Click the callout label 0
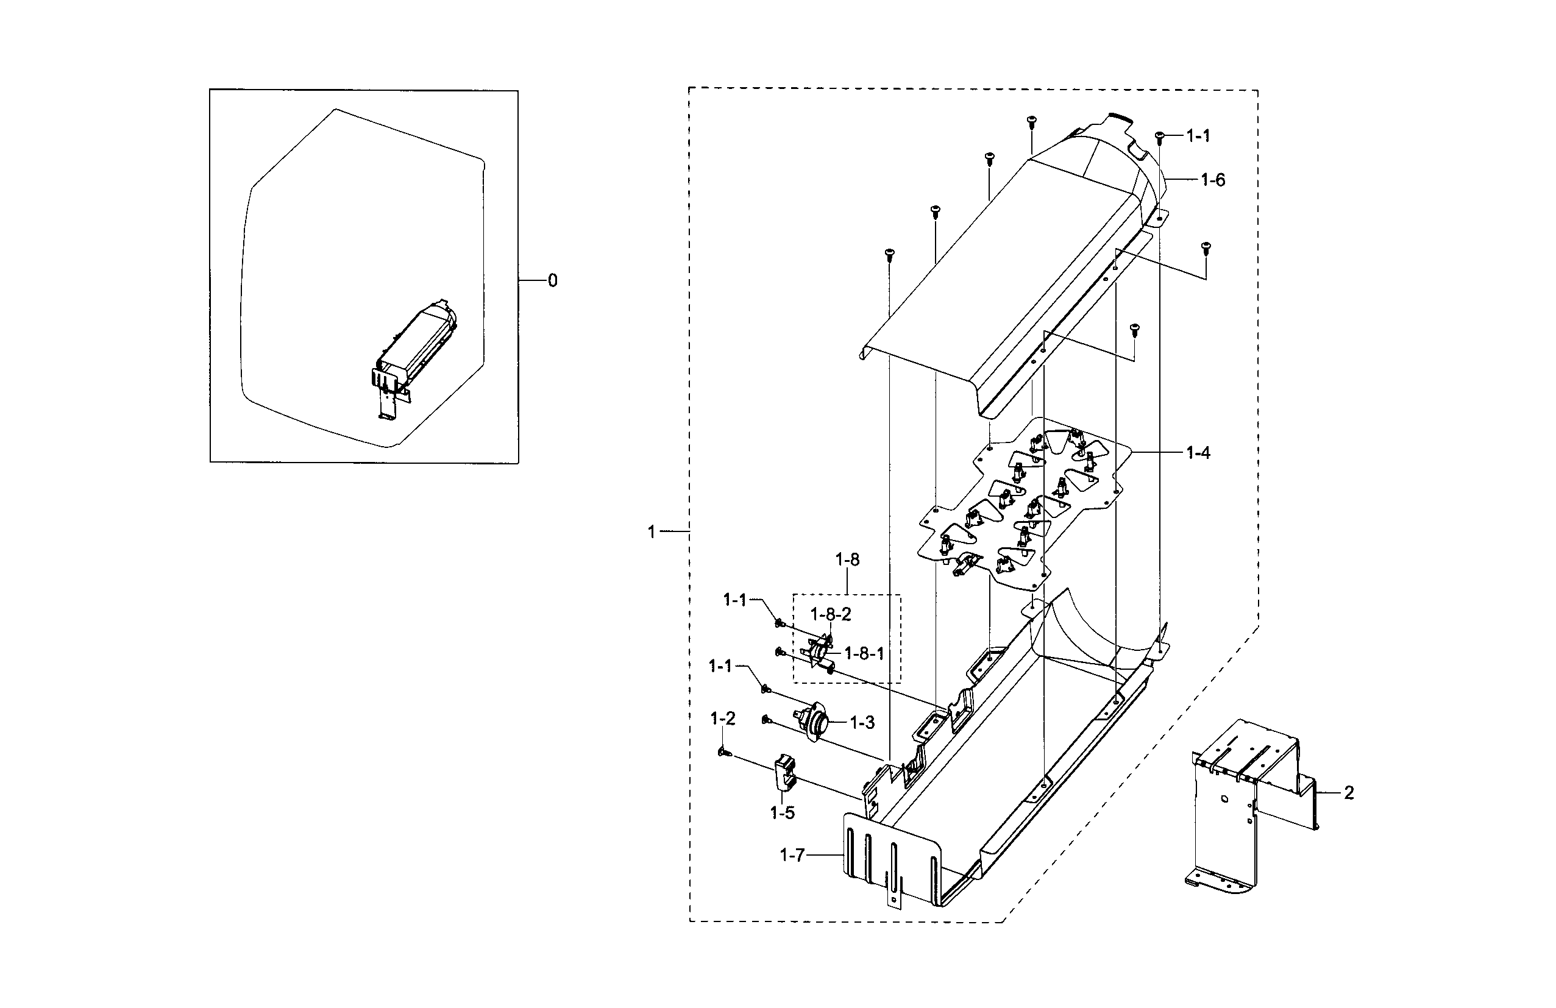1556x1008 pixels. point(552,280)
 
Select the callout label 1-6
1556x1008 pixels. point(1213,180)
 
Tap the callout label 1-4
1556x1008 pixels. point(1198,452)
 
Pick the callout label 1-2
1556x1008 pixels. point(723,719)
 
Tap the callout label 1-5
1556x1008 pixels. point(783,812)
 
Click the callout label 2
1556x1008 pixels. point(1349,793)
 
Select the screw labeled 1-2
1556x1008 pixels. point(723,754)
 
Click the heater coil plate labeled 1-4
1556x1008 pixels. point(1026,506)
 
